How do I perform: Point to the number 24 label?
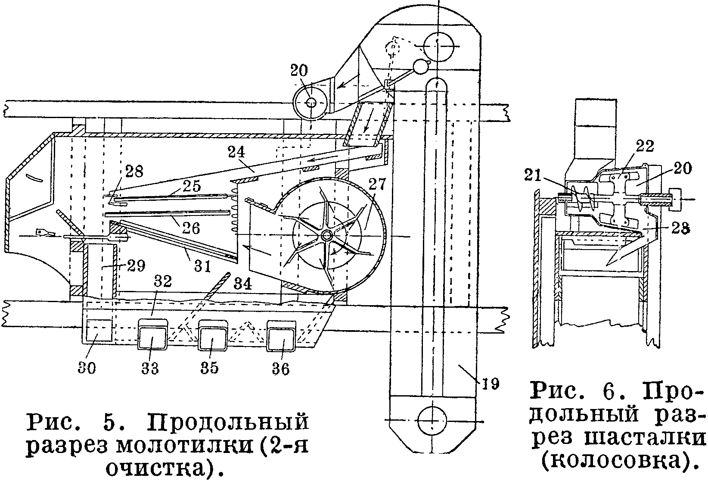(237, 152)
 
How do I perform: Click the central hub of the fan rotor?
(326, 235)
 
